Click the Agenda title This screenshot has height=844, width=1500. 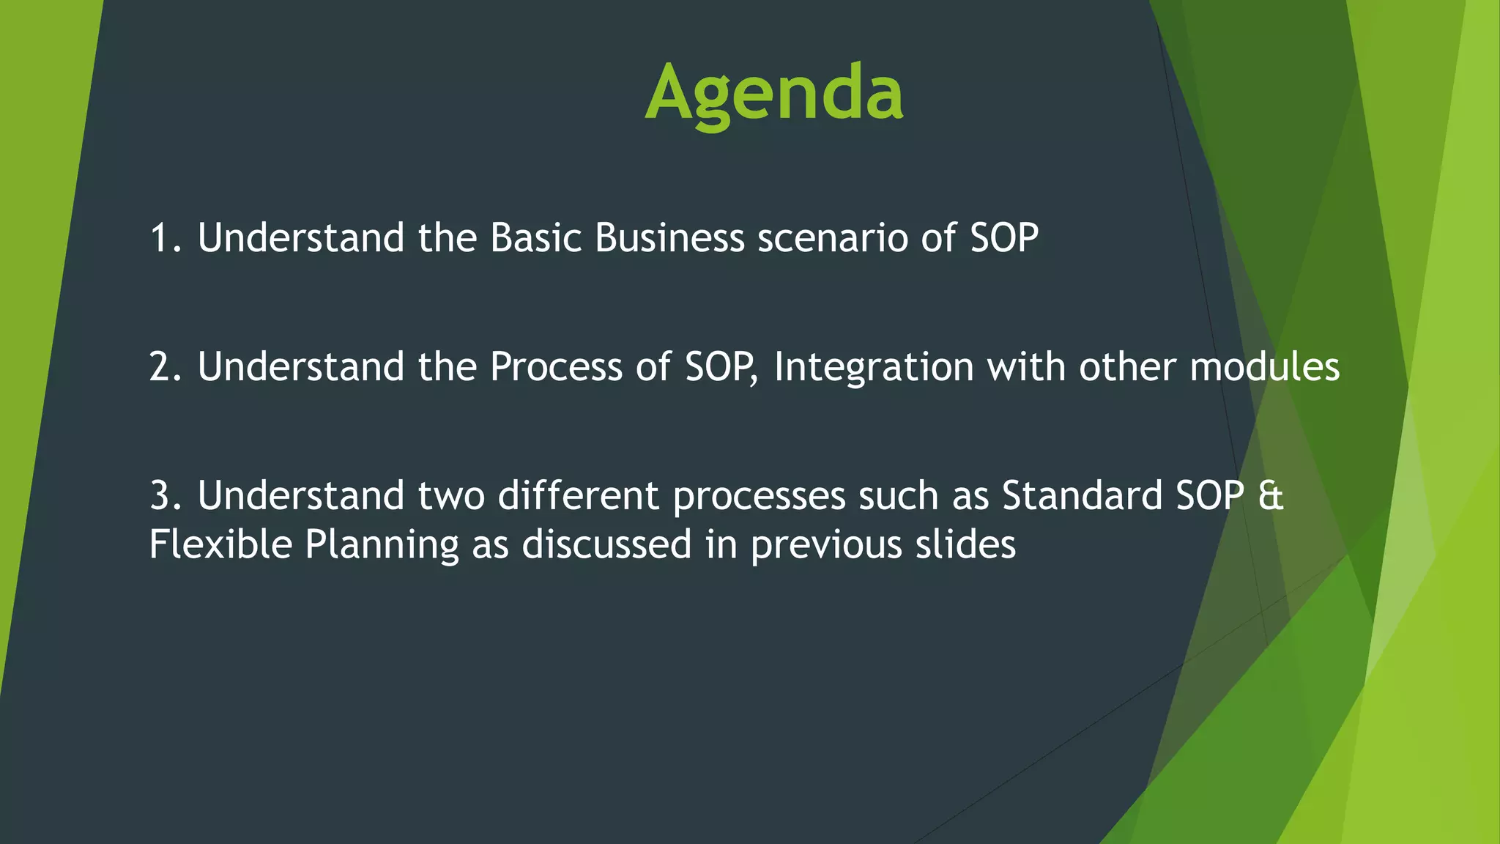[x=774, y=93]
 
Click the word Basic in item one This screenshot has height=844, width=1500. [x=535, y=238]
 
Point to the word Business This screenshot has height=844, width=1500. [x=669, y=238]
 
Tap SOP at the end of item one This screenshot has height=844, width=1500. [x=1004, y=238]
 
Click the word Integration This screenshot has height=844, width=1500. [x=873, y=368]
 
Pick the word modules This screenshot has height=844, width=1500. [x=1264, y=366]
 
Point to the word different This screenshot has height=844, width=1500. [x=579, y=495]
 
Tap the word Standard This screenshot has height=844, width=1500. [x=1083, y=495]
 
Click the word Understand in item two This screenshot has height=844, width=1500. [x=300, y=366]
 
